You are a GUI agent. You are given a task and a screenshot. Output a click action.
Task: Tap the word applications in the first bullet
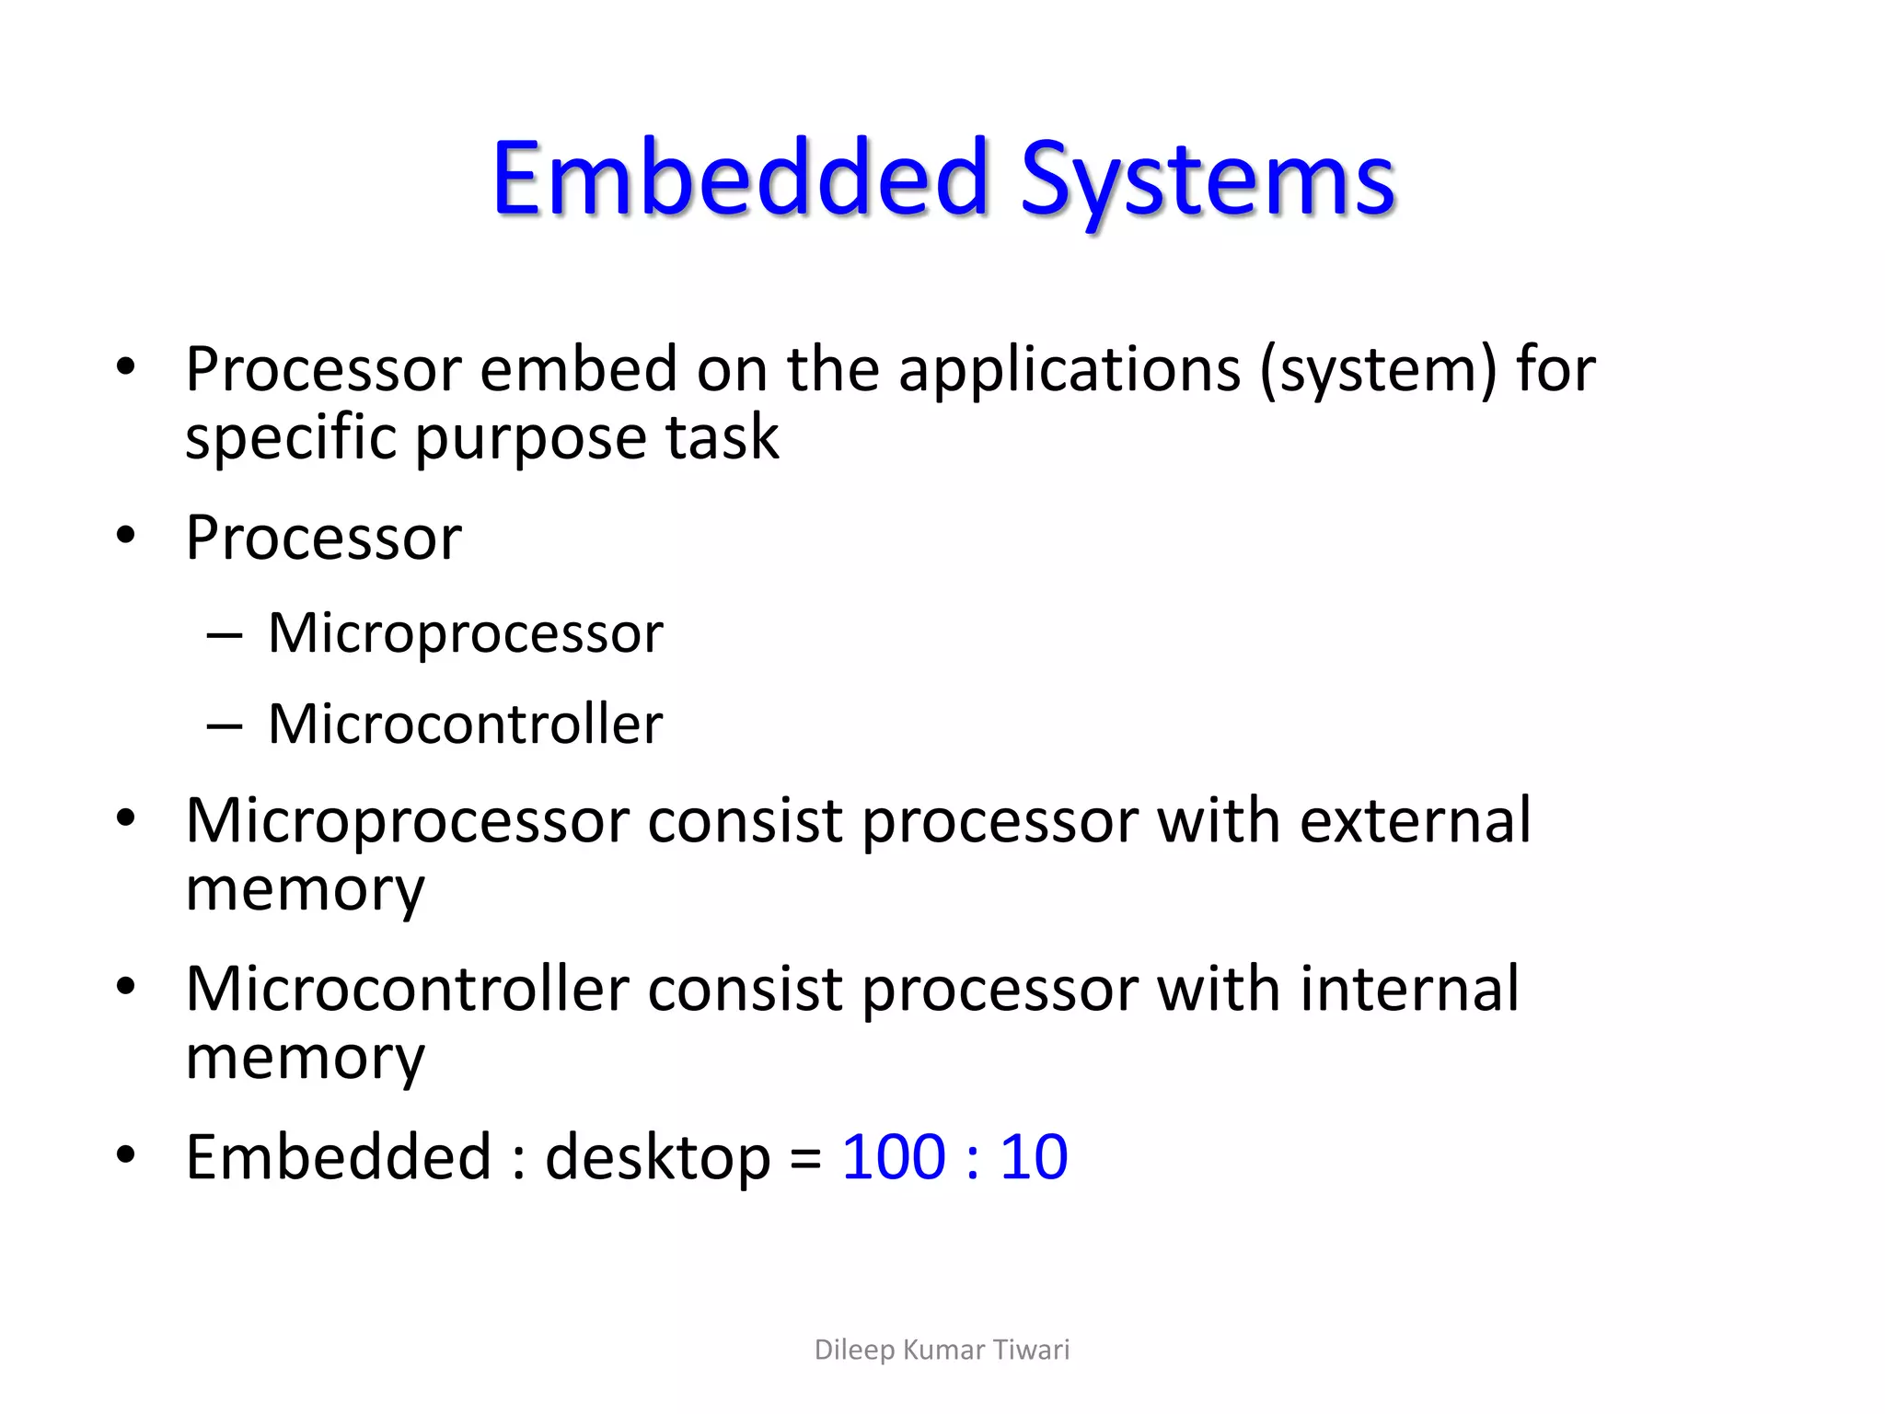1070,370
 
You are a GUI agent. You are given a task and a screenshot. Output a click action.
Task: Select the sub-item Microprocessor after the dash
465,633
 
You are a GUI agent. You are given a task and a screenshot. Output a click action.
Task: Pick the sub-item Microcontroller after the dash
465,724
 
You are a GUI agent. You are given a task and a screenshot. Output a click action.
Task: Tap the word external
1415,820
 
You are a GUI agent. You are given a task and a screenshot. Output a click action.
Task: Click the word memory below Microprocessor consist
305,890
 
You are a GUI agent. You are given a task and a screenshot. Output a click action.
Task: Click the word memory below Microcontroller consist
305,1059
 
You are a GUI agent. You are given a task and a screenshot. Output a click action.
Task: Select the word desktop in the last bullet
657,1158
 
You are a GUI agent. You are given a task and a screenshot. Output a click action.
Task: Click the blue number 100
894,1157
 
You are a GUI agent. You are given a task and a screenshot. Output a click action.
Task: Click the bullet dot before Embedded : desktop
126,1154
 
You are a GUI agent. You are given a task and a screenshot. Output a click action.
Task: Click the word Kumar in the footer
942,1350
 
